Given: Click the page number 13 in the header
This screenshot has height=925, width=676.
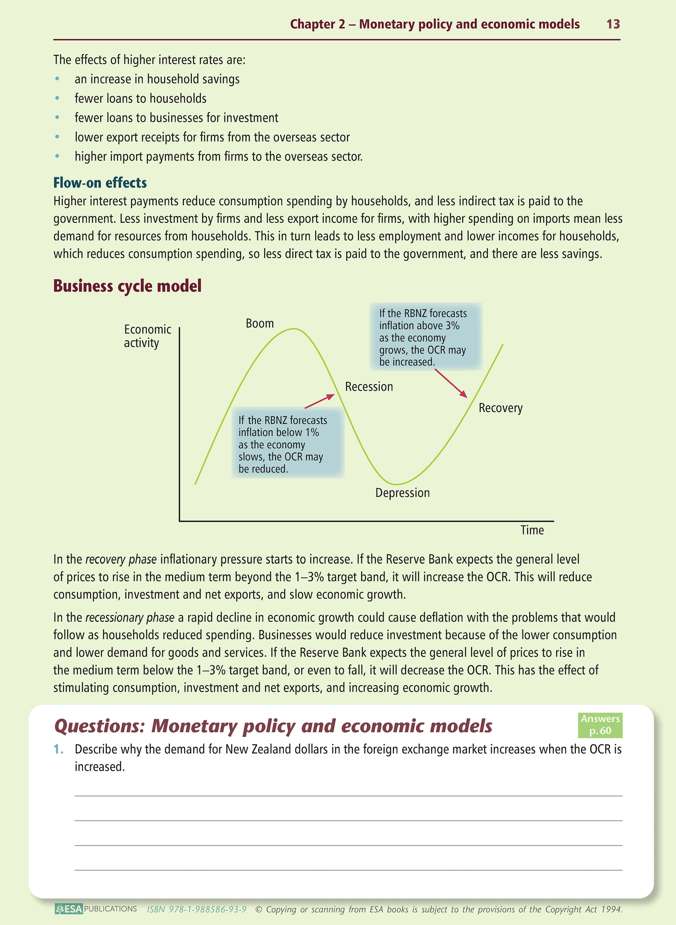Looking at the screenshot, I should [613, 24].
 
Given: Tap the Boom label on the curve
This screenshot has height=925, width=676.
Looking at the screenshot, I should [260, 323].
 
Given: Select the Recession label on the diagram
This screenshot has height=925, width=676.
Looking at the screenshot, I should [369, 386].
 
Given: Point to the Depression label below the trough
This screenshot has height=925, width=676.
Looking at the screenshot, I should [402, 493].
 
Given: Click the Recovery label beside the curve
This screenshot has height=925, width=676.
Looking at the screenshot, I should [501, 408].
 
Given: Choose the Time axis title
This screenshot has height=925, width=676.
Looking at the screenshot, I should [532, 530].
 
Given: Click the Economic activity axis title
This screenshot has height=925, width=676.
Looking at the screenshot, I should [147, 336].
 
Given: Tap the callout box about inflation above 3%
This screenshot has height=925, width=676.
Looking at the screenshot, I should [425, 337].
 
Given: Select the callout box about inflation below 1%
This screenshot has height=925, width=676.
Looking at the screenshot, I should [288, 444].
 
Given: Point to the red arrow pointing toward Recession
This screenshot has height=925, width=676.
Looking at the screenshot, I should [320, 401].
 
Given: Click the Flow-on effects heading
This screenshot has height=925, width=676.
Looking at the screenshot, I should [100, 182].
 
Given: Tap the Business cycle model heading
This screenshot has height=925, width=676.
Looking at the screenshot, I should [127, 286].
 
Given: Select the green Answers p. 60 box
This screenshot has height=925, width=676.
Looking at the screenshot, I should [600, 725].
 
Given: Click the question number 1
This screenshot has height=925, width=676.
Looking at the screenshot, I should [58, 749].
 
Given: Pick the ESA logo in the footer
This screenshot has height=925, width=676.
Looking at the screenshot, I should [69, 909].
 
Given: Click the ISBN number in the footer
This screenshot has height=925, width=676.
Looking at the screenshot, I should [196, 910].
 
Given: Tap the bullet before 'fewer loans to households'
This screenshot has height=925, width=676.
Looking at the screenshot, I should [57, 99].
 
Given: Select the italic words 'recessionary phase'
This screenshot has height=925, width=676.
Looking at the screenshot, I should [130, 618].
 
